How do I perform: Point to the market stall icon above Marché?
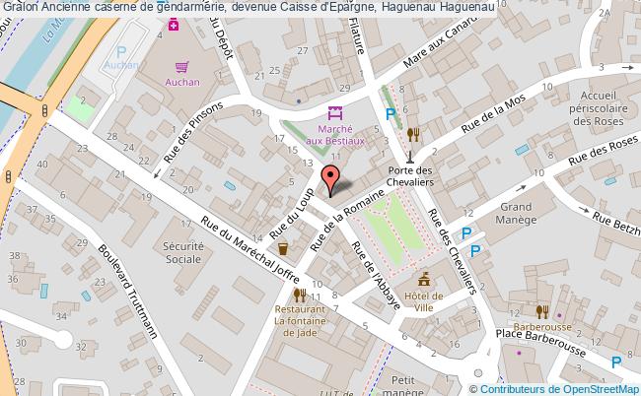(333, 114)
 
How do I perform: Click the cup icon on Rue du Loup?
(283, 248)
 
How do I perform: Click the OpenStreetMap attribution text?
(562, 387)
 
